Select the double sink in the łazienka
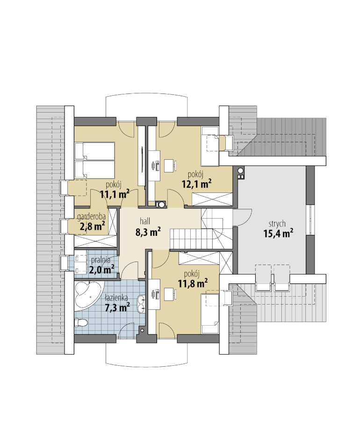141,303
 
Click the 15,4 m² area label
278,233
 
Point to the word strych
277,224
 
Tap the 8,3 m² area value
148,232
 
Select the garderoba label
92,217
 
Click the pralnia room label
101,260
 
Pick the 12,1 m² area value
197,184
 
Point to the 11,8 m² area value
193,283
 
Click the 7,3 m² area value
117,307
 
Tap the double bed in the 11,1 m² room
95,160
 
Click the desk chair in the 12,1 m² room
170,165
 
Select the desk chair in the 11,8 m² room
170,293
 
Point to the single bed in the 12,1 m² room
210,146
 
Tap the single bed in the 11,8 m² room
210,313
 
